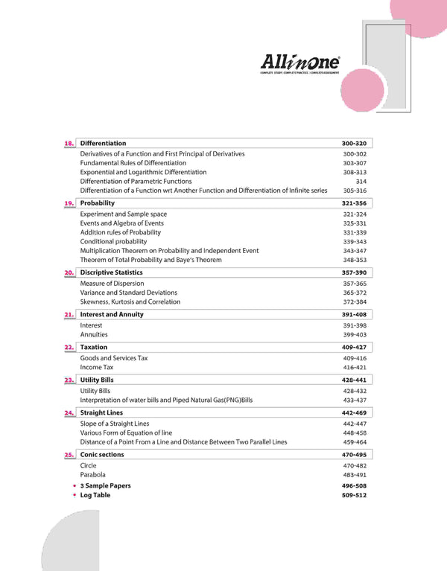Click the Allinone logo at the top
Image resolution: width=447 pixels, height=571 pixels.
click(300, 63)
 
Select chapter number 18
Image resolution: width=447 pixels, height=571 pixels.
click(69, 144)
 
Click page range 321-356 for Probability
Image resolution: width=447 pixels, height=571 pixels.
click(354, 203)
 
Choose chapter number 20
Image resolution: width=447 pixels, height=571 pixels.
click(69, 273)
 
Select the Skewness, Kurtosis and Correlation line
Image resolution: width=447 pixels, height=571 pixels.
click(130, 302)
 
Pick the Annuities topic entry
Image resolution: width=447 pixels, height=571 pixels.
click(94, 335)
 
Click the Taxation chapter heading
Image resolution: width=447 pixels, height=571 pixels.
click(94, 347)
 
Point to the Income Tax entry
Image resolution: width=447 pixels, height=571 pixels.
click(97, 367)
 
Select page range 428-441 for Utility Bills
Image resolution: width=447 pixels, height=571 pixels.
click(354, 380)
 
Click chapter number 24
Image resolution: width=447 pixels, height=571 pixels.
click(69, 413)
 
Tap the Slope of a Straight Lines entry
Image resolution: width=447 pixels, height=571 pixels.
click(115, 424)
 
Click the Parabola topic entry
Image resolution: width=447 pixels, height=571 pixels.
click(93, 474)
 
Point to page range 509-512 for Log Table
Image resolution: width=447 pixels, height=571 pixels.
click(354, 495)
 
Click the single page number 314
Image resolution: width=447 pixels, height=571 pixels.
click(361, 181)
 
